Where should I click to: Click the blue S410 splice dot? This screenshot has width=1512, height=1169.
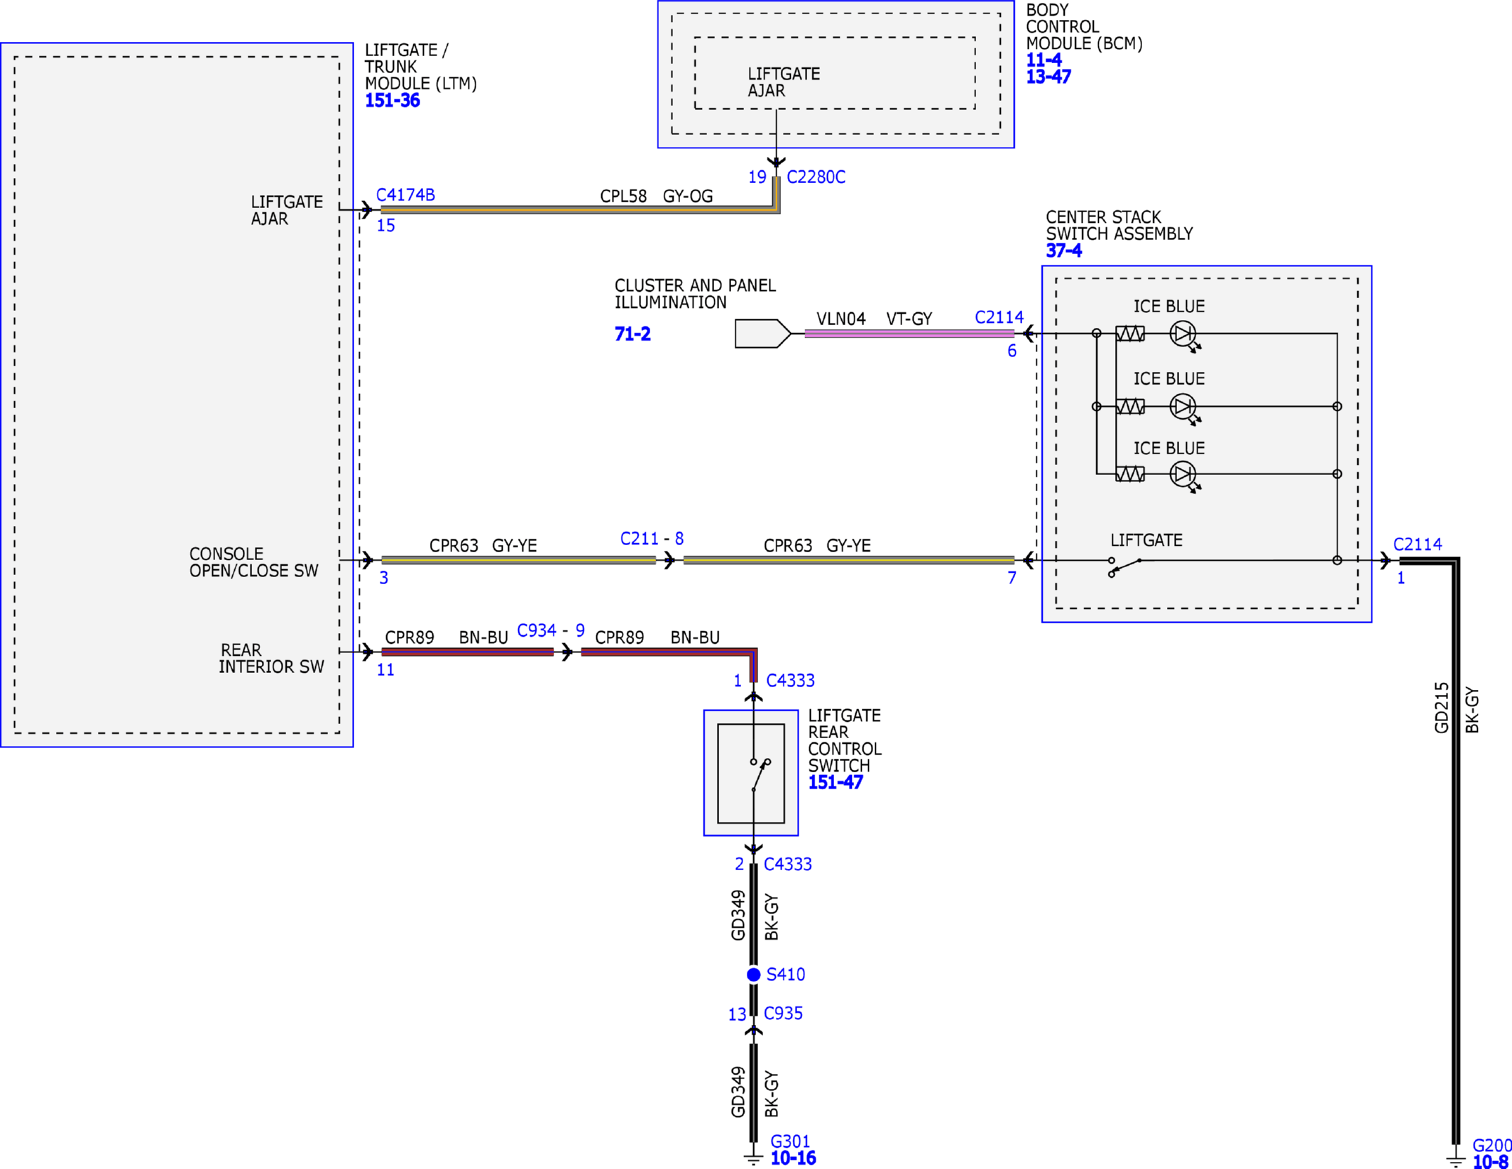pyautogui.click(x=753, y=975)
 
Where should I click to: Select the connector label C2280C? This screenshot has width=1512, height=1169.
pyautogui.click(x=816, y=177)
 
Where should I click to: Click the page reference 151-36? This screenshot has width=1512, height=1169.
pyautogui.click(x=392, y=101)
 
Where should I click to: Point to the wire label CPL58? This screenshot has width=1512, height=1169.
pyautogui.click(x=623, y=196)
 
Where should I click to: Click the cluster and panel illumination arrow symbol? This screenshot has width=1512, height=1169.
pyautogui.click(x=762, y=334)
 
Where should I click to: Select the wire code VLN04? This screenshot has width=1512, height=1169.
pyautogui.click(x=840, y=319)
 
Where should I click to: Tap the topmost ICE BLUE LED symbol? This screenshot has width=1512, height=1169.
pyautogui.click(x=1184, y=335)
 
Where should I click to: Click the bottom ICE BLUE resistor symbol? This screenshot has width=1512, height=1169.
pyautogui.click(x=1129, y=473)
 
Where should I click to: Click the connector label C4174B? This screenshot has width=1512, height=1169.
pyautogui.click(x=405, y=194)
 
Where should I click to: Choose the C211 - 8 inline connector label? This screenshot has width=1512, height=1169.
pyautogui.click(x=652, y=539)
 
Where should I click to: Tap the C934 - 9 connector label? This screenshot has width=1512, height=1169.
pyautogui.click(x=551, y=630)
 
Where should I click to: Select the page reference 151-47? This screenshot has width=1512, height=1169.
pyautogui.click(x=836, y=782)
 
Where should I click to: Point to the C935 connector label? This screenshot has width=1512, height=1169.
pyautogui.click(x=783, y=1013)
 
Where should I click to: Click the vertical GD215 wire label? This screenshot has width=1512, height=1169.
pyautogui.click(x=1441, y=708)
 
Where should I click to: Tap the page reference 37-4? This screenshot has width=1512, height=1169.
pyautogui.click(x=1063, y=251)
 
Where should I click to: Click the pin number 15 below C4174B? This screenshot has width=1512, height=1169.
pyautogui.click(x=385, y=226)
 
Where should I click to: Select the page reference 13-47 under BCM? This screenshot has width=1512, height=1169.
pyautogui.click(x=1048, y=77)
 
